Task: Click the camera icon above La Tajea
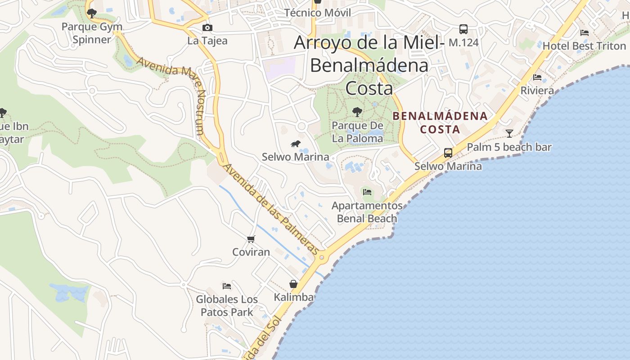pyautogui.click(x=207, y=28)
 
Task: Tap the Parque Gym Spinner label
pyautogui.click(x=92, y=33)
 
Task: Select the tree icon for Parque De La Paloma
pyautogui.click(x=357, y=112)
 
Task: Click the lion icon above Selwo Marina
pyautogui.click(x=295, y=144)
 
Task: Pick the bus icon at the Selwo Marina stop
pyautogui.click(x=448, y=153)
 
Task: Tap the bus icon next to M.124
pyautogui.click(x=463, y=29)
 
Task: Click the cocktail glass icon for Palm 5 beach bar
pyautogui.click(x=509, y=133)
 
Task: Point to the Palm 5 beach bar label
pyautogui.click(x=509, y=147)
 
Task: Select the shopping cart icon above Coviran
pyautogui.click(x=251, y=239)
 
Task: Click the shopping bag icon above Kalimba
pyautogui.click(x=293, y=284)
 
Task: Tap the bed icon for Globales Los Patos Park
pyautogui.click(x=227, y=286)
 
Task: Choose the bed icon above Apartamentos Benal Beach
pyautogui.click(x=367, y=192)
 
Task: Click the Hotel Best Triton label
pyautogui.click(x=584, y=46)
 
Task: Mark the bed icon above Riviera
pyautogui.click(x=537, y=77)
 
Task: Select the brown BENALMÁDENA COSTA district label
pyautogui.click(x=440, y=122)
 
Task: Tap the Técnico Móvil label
pyautogui.click(x=318, y=13)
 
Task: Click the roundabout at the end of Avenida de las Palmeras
pyautogui.click(x=321, y=258)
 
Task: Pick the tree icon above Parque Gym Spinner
pyautogui.click(x=92, y=13)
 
